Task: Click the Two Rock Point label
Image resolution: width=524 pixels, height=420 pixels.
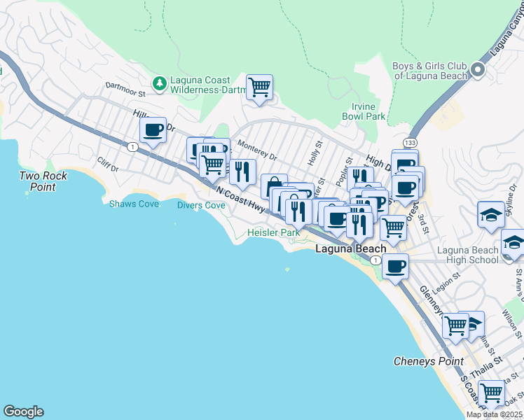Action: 43,181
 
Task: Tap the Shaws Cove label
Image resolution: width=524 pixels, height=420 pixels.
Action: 134,204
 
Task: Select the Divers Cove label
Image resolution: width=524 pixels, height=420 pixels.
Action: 201,205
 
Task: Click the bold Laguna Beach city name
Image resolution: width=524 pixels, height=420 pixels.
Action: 350,248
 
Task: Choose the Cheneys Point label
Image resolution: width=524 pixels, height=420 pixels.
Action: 428,361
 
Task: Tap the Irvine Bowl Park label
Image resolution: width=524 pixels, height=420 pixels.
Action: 364,111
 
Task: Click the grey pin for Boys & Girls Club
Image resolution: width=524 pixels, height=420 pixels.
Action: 478,69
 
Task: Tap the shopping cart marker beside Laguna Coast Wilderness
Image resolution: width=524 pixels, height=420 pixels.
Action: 259,87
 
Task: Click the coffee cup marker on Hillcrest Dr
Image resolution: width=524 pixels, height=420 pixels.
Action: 153,129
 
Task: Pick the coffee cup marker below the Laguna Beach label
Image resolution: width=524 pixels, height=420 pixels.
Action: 396,267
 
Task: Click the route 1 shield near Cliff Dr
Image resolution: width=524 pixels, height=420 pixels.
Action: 131,146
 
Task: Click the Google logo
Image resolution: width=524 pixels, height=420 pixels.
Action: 23,412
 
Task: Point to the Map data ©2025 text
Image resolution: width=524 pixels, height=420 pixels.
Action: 494,414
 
